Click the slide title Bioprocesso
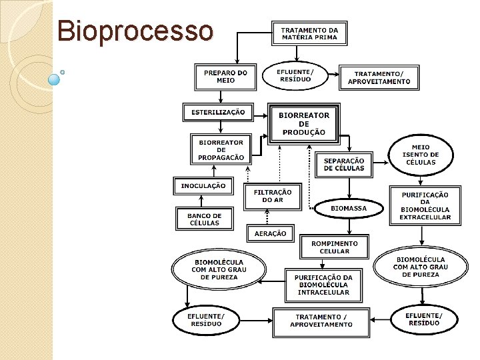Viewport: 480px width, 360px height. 135,30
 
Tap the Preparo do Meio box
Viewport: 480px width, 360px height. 225,77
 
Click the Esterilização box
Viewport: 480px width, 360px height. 218,113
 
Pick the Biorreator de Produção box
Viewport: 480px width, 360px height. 304,124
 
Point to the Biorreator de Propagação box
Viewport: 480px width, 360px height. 221,151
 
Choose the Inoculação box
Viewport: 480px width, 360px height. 203,185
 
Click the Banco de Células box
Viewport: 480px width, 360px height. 205,219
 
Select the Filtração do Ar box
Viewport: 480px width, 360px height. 272,196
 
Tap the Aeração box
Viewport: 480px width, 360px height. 270,233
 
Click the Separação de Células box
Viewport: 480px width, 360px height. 344,165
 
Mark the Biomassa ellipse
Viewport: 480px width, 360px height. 349,209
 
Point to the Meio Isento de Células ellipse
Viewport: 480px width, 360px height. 421,155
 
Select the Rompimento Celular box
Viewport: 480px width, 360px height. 335,247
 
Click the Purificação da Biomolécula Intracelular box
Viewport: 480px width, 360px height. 324,285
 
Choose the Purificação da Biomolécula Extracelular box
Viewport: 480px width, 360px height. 425,206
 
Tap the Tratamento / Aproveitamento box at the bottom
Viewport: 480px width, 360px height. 321,321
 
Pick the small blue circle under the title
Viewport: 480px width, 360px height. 54,79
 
